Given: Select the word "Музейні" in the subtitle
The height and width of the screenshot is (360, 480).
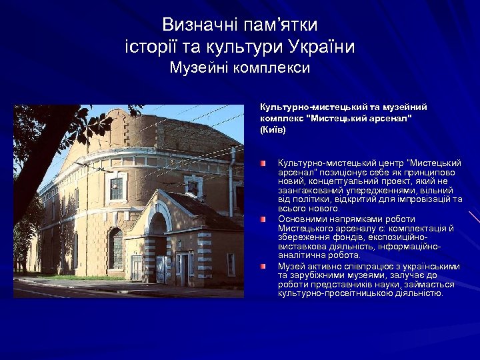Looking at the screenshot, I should click(198, 67).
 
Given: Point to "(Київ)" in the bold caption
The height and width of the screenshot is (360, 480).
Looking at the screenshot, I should click(273, 129).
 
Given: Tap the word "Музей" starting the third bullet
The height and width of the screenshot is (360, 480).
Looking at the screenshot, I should click(291, 266).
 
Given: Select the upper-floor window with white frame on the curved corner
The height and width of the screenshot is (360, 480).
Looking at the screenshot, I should click(115, 189).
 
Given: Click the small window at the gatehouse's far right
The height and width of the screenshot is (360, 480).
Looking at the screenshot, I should click(231, 263).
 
